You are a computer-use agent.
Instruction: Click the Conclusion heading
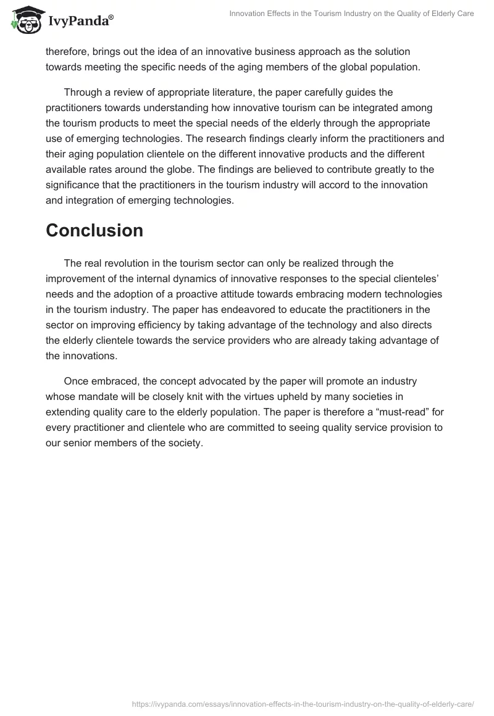[94, 230]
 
